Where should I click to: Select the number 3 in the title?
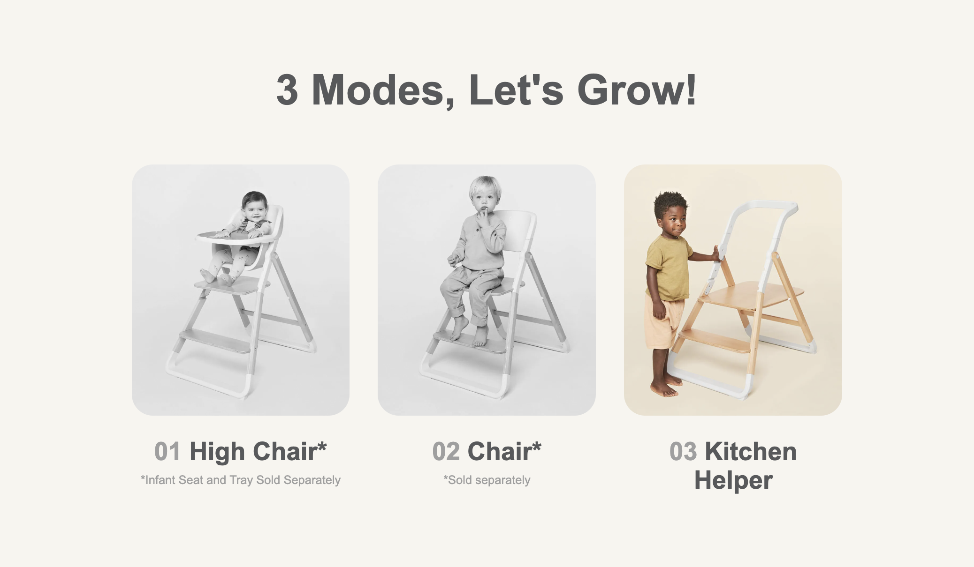click(287, 90)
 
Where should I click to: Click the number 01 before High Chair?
click(167, 452)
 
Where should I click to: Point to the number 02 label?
click(446, 452)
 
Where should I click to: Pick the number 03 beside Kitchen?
click(683, 452)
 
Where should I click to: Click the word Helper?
click(733, 481)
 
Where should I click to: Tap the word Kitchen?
click(751, 452)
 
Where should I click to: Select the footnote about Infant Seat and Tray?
click(241, 480)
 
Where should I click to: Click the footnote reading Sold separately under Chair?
click(487, 480)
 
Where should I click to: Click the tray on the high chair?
click(235, 237)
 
